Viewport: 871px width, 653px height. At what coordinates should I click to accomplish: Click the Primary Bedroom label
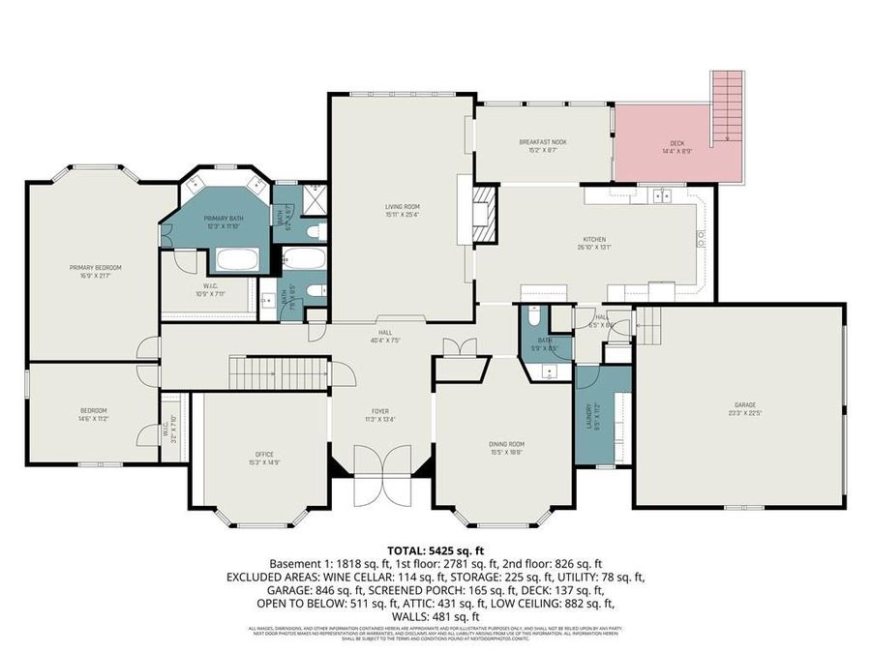95,267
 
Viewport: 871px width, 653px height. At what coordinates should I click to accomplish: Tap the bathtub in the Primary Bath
234,258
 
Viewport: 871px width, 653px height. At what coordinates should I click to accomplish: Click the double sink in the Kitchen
663,196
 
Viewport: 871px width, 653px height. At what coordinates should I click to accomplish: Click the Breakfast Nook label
542,142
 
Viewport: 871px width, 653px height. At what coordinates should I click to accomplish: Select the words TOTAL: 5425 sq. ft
435,549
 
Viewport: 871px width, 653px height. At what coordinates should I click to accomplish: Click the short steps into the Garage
648,328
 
